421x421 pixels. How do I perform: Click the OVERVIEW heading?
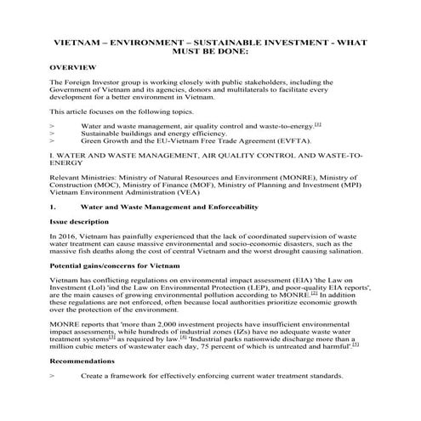[72, 66]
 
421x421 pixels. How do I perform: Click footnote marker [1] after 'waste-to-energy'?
[317, 123]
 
